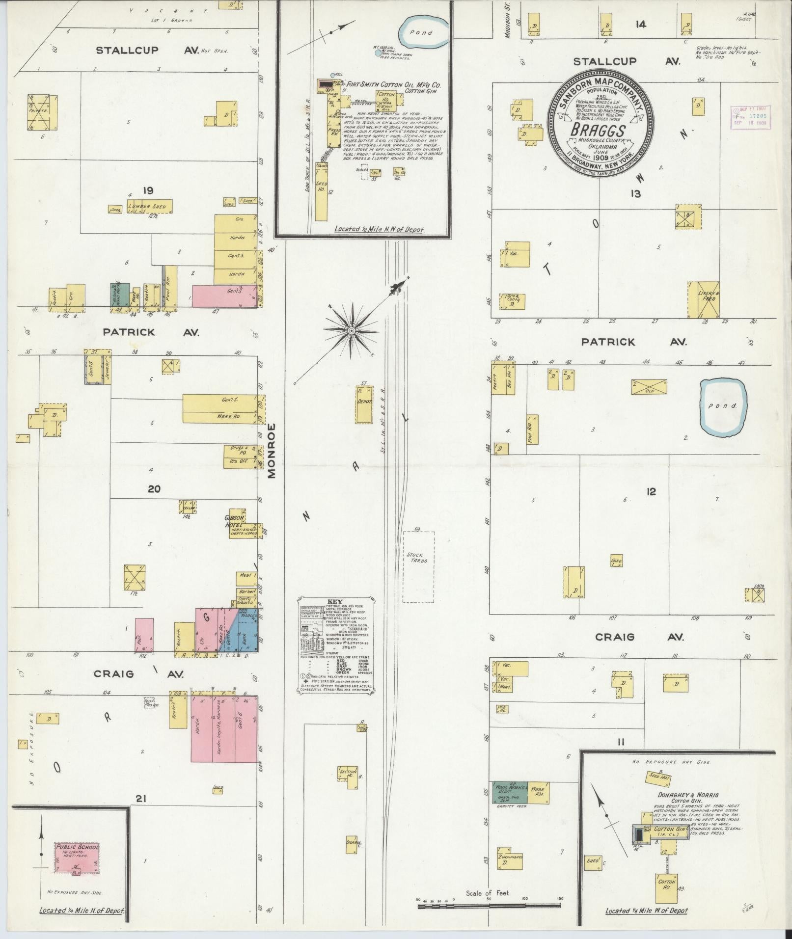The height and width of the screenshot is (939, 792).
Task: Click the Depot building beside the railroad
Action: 364,404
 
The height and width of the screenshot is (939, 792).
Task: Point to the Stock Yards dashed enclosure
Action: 418,566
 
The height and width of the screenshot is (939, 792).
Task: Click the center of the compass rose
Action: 352,331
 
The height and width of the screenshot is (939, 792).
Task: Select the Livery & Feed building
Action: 704,299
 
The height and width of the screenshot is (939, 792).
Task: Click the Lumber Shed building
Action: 150,207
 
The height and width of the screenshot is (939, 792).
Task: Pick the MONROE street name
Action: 273,450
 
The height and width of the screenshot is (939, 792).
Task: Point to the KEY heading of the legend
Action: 334,601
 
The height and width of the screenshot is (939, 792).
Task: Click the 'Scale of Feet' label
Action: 489,893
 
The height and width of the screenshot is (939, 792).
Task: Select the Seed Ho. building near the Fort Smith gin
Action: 322,192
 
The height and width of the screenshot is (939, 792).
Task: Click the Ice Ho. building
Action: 503,709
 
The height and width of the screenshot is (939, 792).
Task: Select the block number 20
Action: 154,489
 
